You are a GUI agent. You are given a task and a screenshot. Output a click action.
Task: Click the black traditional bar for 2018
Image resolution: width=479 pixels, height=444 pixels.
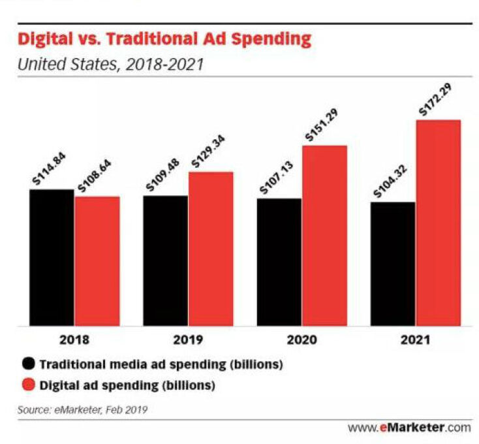pos(52,257)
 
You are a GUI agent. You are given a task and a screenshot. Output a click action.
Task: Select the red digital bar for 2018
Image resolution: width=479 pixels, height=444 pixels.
pos(97,261)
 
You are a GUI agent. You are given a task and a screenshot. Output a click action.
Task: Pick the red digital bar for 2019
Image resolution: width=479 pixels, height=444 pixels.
pos(211,249)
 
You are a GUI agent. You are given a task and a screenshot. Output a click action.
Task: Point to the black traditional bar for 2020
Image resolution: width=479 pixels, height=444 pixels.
pos(279,262)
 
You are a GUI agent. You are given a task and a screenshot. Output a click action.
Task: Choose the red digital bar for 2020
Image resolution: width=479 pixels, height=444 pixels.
pos(324,235)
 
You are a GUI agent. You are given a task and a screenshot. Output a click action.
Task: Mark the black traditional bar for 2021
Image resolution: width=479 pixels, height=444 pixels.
pos(393,264)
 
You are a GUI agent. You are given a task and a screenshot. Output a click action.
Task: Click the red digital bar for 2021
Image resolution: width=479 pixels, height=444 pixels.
pos(438,223)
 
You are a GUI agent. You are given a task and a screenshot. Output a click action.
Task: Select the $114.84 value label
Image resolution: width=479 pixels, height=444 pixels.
pos(51,170)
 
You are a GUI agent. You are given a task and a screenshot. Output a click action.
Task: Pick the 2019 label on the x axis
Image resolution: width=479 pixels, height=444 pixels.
pos(188,340)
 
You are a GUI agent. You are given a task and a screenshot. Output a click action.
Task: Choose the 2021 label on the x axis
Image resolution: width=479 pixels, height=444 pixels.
pos(415,340)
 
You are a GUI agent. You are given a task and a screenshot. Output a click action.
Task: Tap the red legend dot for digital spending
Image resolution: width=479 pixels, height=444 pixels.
pos(28,385)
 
